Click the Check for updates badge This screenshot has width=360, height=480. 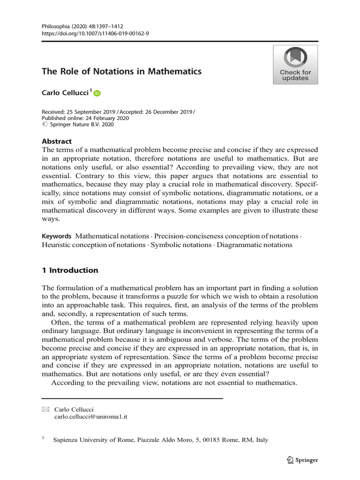[295, 65]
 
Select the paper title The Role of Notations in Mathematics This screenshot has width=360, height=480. [121, 72]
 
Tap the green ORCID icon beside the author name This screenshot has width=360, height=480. [97, 94]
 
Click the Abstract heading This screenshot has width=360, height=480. [57, 141]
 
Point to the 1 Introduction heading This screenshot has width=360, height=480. [70, 270]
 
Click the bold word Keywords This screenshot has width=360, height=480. [56, 236]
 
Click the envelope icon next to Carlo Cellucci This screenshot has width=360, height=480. [45, 409]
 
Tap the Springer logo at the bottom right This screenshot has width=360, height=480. [302, 460]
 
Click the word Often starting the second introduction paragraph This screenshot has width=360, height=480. [60, 322]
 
